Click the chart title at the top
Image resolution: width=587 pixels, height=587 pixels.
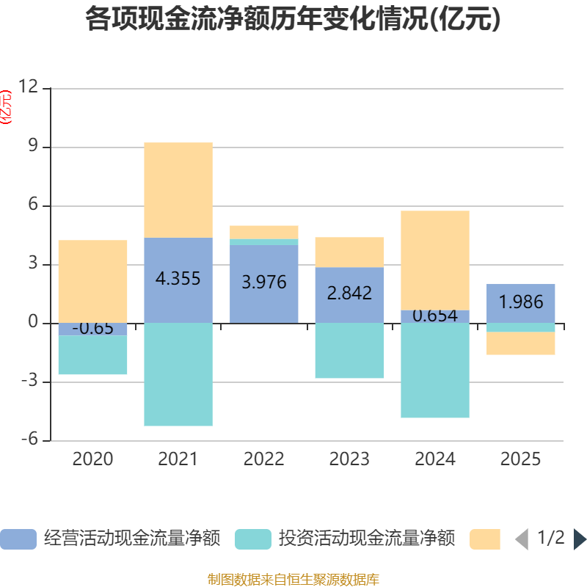coord(293,19)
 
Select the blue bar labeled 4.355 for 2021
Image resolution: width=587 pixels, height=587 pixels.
coord(178,280)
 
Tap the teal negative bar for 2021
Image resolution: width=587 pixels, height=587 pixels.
coord(178,374)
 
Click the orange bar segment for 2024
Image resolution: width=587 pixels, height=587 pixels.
coord(435,260)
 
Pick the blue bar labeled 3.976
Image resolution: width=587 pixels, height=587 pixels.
coord(264,284)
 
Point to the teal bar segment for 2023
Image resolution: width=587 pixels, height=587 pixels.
coord(350,351)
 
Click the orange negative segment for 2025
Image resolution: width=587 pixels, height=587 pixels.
coord(521,343)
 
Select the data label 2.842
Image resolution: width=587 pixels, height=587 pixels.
coord(350,293)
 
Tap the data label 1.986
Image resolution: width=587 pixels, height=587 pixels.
coord(521,302)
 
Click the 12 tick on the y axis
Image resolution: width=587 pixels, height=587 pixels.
coord(28,87)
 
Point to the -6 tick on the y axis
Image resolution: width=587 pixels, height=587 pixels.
coord(29,439)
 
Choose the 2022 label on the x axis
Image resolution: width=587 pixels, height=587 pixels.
coord(264,459)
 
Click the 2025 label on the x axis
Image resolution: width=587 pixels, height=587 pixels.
coord(521,459)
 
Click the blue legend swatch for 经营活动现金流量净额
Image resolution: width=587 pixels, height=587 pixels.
coord(18,539)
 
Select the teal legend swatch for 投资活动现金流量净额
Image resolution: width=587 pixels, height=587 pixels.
coord(253,539)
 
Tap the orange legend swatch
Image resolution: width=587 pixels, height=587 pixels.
coord(485,539)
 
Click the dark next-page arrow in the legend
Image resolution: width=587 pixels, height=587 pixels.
coord(580,539)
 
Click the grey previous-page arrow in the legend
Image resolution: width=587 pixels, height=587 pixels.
coord(522,539)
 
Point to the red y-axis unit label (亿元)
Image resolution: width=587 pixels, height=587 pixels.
coord(6,107)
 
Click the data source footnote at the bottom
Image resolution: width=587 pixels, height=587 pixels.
coord(293,579)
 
